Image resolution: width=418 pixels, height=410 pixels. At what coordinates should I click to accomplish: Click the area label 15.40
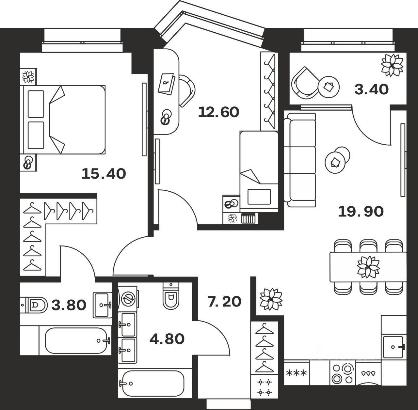[104, 173]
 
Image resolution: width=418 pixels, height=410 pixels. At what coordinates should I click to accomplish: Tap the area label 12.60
[218, 112]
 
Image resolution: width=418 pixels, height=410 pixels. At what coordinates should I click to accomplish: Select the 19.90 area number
[361, 212]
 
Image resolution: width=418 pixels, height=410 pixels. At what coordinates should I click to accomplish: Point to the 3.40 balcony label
[371, 89]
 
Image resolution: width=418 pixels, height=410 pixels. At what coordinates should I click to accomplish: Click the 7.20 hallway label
[224, 301]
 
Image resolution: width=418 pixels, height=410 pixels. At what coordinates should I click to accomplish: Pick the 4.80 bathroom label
[167, 339]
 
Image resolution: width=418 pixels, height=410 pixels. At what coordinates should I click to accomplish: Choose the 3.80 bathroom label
[69, 305]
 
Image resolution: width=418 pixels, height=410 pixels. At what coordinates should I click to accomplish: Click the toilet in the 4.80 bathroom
[170, 295]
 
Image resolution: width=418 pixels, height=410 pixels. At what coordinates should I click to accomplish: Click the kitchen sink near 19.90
[394, 347]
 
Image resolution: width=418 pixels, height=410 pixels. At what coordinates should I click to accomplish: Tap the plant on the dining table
[368, 267]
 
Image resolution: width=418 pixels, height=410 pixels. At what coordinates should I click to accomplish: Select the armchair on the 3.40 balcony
[305, 83]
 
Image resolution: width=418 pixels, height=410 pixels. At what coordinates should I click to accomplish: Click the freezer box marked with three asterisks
[296, 373]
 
